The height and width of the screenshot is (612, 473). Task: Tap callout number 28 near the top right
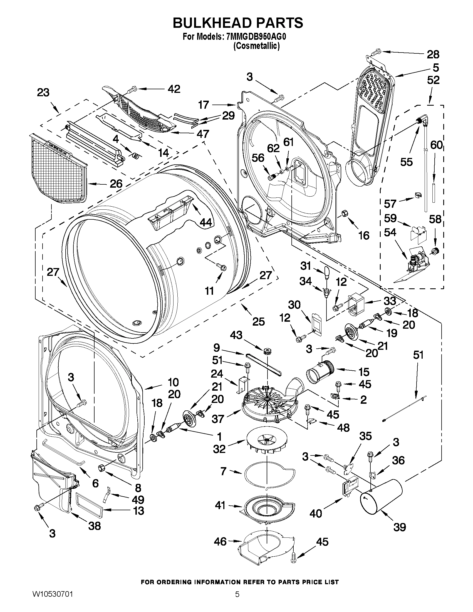click(x=433, y=54)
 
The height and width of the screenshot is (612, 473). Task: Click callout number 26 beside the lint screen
click(x=116, y=184)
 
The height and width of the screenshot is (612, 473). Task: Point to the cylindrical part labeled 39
click(x=380, y=497)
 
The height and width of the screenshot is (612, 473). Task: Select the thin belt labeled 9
click(x=263, y=365)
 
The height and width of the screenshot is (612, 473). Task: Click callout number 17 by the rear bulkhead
click(x=204, y=105)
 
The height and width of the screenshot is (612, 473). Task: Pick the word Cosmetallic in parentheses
click(x=256, y=46)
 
